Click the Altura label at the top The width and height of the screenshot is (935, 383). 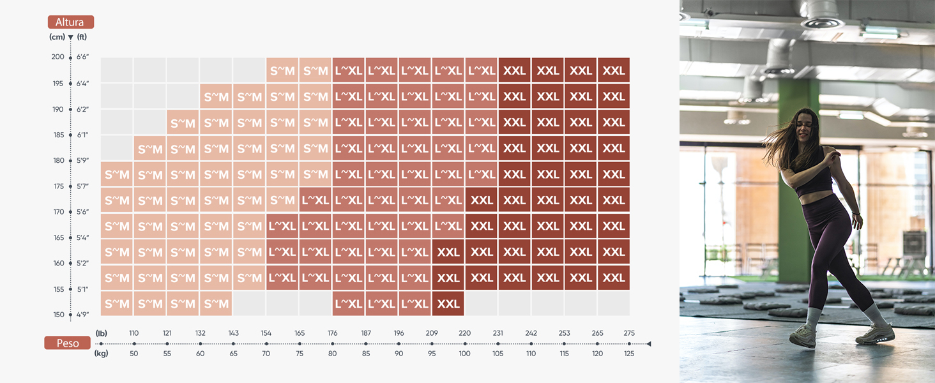(70, 22)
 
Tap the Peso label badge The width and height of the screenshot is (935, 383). (67, 343)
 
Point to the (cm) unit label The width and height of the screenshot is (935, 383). (57, 37)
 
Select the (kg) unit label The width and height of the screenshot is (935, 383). (102, 354)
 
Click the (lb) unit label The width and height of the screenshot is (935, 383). (102, 333)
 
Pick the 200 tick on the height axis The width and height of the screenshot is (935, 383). (58, 57)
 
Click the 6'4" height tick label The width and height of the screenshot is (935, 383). (82, 84)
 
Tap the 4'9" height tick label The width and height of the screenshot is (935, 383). (82, 315)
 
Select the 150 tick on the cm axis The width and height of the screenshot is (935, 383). (59, 315)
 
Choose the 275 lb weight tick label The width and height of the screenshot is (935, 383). (629, 333)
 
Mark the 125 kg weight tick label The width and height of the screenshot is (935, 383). (629, 354)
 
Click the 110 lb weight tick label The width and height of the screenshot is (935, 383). (133, 333)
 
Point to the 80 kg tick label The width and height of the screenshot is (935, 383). (332, 354)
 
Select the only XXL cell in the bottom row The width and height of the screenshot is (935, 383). (448, 304)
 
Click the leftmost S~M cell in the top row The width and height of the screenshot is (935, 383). (282, 70)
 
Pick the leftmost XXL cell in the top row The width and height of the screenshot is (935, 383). (514, 70)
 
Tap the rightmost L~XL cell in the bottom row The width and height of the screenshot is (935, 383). (415, 304)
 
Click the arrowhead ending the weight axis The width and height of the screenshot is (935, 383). (648, 344)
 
